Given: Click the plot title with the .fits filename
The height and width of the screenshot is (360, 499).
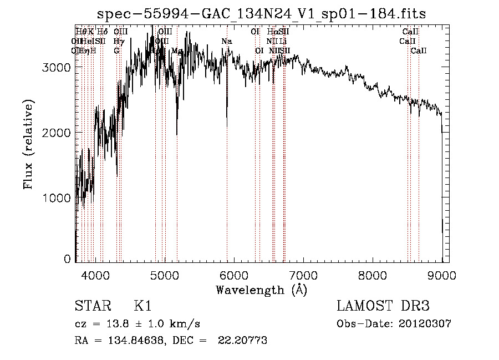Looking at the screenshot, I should (x=261, y=13).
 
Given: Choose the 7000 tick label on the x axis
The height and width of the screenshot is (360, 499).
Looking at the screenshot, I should (x=303, y=275).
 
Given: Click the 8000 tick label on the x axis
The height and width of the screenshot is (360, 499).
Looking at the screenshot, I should (x=373, y=275).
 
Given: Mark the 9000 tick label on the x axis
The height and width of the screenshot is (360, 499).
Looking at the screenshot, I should (x=442, y=275).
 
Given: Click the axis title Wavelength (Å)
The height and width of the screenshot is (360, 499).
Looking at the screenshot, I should (x=261, y=290).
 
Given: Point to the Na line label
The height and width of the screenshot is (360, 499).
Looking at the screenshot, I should (x=226, y=42).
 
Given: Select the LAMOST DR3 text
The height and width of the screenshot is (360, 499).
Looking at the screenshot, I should (x=383, y=306).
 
